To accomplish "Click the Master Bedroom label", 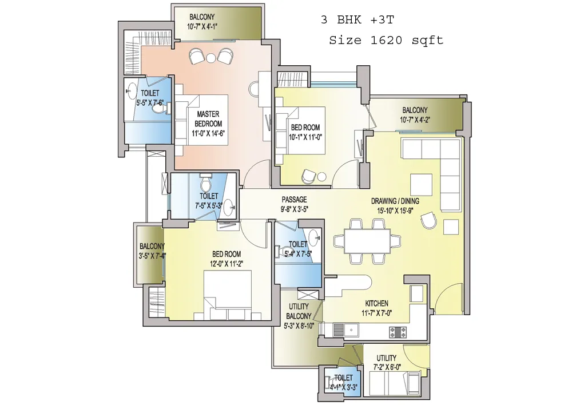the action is [208, 124].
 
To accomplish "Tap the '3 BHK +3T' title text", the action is [357, 19].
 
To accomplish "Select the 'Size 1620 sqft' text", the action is [386, 40].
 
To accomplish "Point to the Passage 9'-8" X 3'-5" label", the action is [294, 204].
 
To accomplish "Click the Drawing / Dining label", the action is [395, 206].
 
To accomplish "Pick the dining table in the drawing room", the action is [367, 241].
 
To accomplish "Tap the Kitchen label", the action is [376, 308].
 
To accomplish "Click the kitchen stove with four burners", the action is [398, 331].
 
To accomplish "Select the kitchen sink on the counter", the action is [349, 331].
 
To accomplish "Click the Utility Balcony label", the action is [299, 316].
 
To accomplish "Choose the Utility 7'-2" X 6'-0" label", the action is [386, 362].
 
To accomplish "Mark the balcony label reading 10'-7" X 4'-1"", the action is [202, 22].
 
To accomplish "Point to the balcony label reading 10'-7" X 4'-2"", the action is [415, 114].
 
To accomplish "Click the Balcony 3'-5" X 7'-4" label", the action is [152, 251].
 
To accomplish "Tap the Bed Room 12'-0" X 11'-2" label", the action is [226, 259].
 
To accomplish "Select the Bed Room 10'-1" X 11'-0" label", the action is [305, 132].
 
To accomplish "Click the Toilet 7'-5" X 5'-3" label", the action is [209, 201].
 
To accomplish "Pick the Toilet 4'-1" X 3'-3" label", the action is [343, 382].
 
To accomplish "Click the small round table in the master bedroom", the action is [211, 58].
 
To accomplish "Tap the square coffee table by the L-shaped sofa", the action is [422, 185].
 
